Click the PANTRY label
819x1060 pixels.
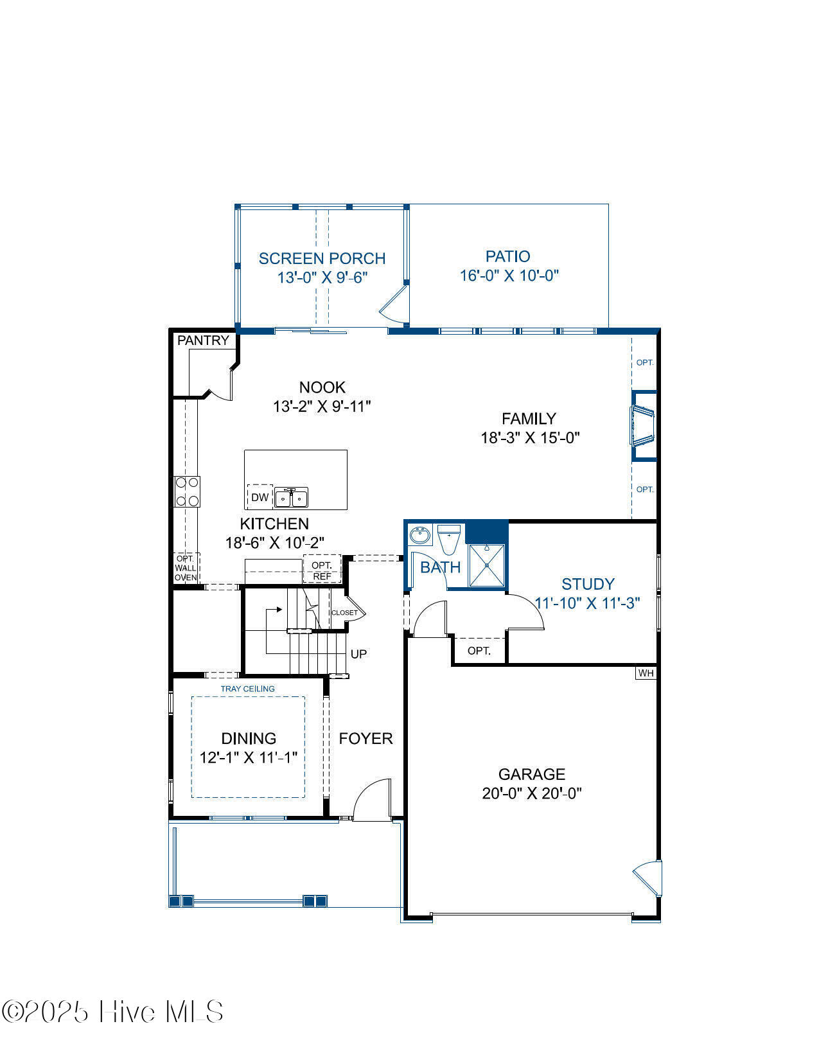203,340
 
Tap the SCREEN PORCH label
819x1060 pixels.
322,258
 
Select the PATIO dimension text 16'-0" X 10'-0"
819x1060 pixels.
509,276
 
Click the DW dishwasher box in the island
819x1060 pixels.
260,497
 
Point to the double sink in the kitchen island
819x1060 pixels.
291,498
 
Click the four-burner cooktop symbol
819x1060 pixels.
188,491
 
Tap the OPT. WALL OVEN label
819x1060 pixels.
186,569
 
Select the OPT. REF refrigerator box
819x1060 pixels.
322,569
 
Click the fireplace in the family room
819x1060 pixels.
644,426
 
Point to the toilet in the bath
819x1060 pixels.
449,540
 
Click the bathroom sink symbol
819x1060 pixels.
420,535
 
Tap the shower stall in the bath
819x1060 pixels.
486,565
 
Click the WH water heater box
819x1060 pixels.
646,673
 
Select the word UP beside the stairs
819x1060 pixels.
358,654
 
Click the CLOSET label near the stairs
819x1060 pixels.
344,613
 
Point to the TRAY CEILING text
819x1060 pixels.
248,689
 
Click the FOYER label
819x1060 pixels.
366,739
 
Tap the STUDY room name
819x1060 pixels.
588,584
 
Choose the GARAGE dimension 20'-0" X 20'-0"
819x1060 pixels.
532,793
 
